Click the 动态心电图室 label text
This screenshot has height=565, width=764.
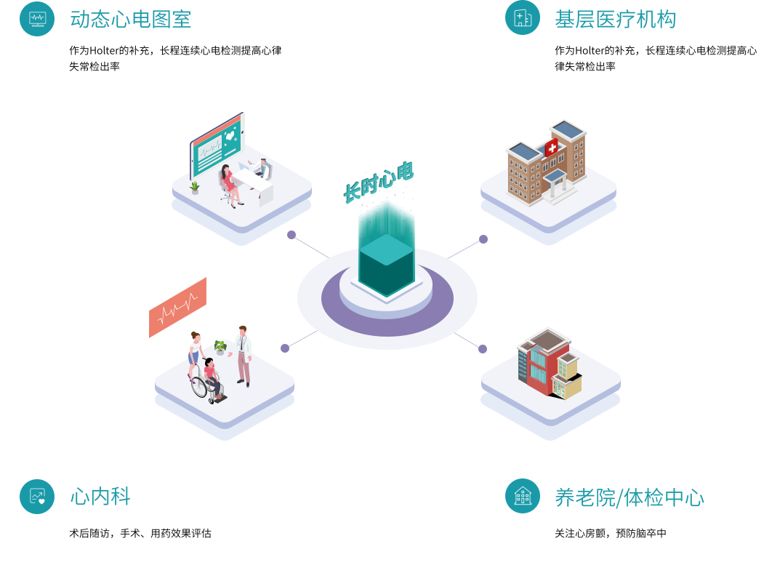[x=131, y=19]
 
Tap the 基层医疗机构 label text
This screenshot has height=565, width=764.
[x=615, y=19]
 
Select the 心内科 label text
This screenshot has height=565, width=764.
[x=100, y=497]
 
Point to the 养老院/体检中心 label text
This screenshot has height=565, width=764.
[x=629, y=497]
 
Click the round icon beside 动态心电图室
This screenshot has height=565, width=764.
[x=37, y=18]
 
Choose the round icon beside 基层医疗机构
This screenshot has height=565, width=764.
[x=523, y=17]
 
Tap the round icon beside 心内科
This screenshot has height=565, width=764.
[x=37, y=497]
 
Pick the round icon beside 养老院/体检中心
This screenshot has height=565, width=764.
[x=523, y=496]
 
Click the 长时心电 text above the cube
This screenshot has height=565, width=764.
[x=378, y=182]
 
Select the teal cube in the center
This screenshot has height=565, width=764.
[x=386, y=262]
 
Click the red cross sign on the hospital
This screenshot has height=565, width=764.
[x=552, y=148]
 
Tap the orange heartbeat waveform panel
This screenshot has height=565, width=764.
[x=177, y=308]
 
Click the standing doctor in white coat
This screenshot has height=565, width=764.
[x=244, y=354]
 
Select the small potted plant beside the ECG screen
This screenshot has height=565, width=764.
[x=195, y=188]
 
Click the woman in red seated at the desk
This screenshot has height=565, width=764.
[x=228, y=184]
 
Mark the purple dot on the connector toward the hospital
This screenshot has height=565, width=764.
[x=483, y=239]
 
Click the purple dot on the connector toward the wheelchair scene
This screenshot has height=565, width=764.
[x=285, y=348]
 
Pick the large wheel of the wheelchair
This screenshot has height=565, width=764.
[x=198, y=386]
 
